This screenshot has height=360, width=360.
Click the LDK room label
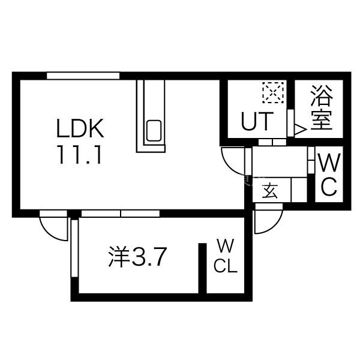80,128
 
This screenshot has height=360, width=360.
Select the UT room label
257,121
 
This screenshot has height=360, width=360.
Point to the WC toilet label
329,175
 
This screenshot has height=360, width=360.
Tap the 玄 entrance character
270,190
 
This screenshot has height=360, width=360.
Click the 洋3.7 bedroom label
137,256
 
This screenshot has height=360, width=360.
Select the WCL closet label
226,256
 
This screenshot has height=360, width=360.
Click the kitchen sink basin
154,130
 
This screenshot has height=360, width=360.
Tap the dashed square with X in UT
273,92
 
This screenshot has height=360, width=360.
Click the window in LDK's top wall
83,76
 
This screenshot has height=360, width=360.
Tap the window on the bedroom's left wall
74,248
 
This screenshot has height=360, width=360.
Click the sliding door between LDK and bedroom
121,214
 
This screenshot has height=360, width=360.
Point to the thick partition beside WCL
203,268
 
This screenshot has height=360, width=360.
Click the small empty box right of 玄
299,190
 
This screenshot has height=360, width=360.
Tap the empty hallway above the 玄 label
280,162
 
